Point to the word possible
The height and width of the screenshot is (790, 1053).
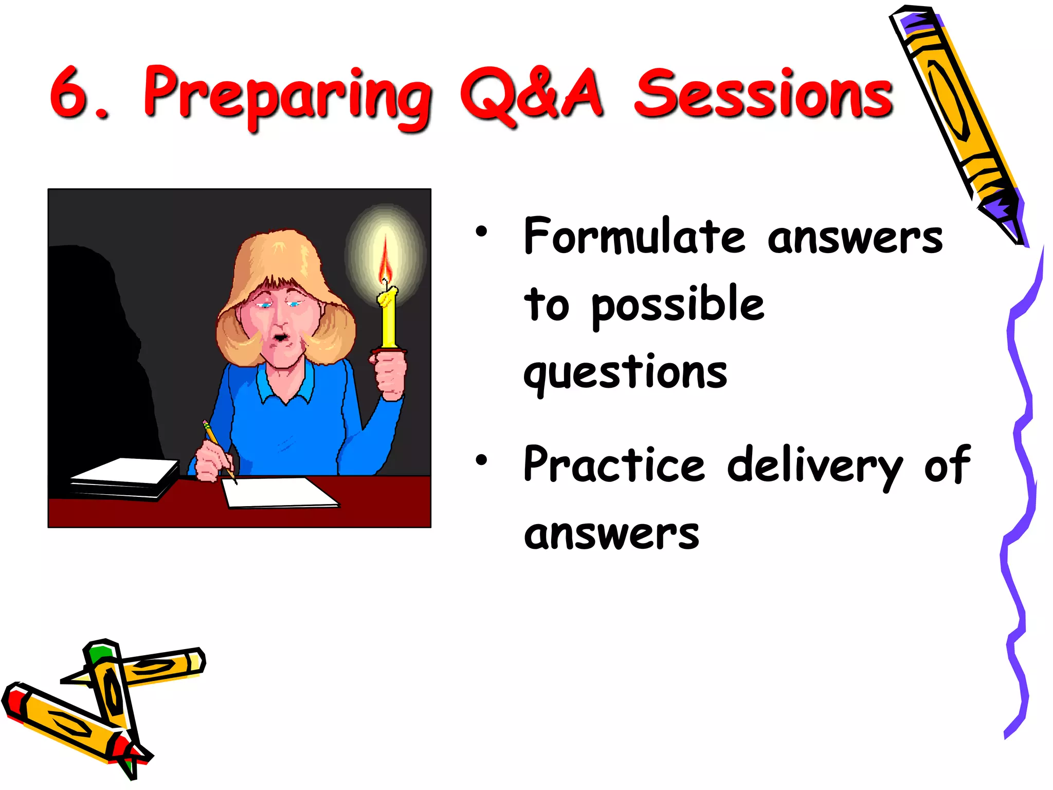678,305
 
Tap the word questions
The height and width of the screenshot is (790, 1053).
625,373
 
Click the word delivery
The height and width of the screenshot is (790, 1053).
815,466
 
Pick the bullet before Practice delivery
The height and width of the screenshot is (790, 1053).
481,460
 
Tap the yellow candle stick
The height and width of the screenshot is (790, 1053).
388,319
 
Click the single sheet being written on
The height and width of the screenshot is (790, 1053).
278,492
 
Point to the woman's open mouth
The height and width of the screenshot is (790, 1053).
280,337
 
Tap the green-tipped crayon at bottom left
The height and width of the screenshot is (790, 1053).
111,689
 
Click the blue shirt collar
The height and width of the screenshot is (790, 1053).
285,386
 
